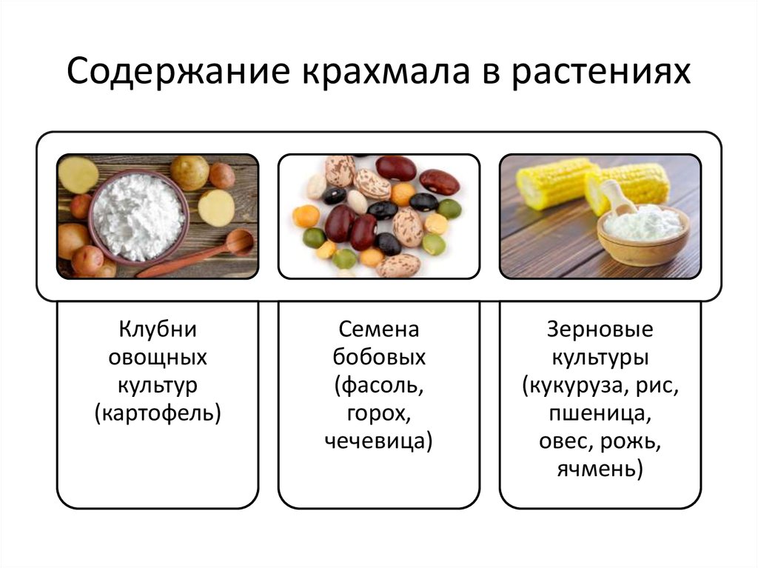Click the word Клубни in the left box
[x=158, y=330]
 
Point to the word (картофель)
[x=158, y=414]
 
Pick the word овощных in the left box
[x=158, y=358]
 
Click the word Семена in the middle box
[x=378, y=330]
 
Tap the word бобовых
[x=379, y=357]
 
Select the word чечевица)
[x=378, y=441]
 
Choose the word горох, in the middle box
[x=378, y=415]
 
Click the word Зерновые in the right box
[x=600, y=330]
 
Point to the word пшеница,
[x=600, y=415]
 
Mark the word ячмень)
[x=600, y=470]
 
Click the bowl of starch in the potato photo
[x=138, y=217]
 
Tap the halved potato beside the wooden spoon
[x=216, y=208]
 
